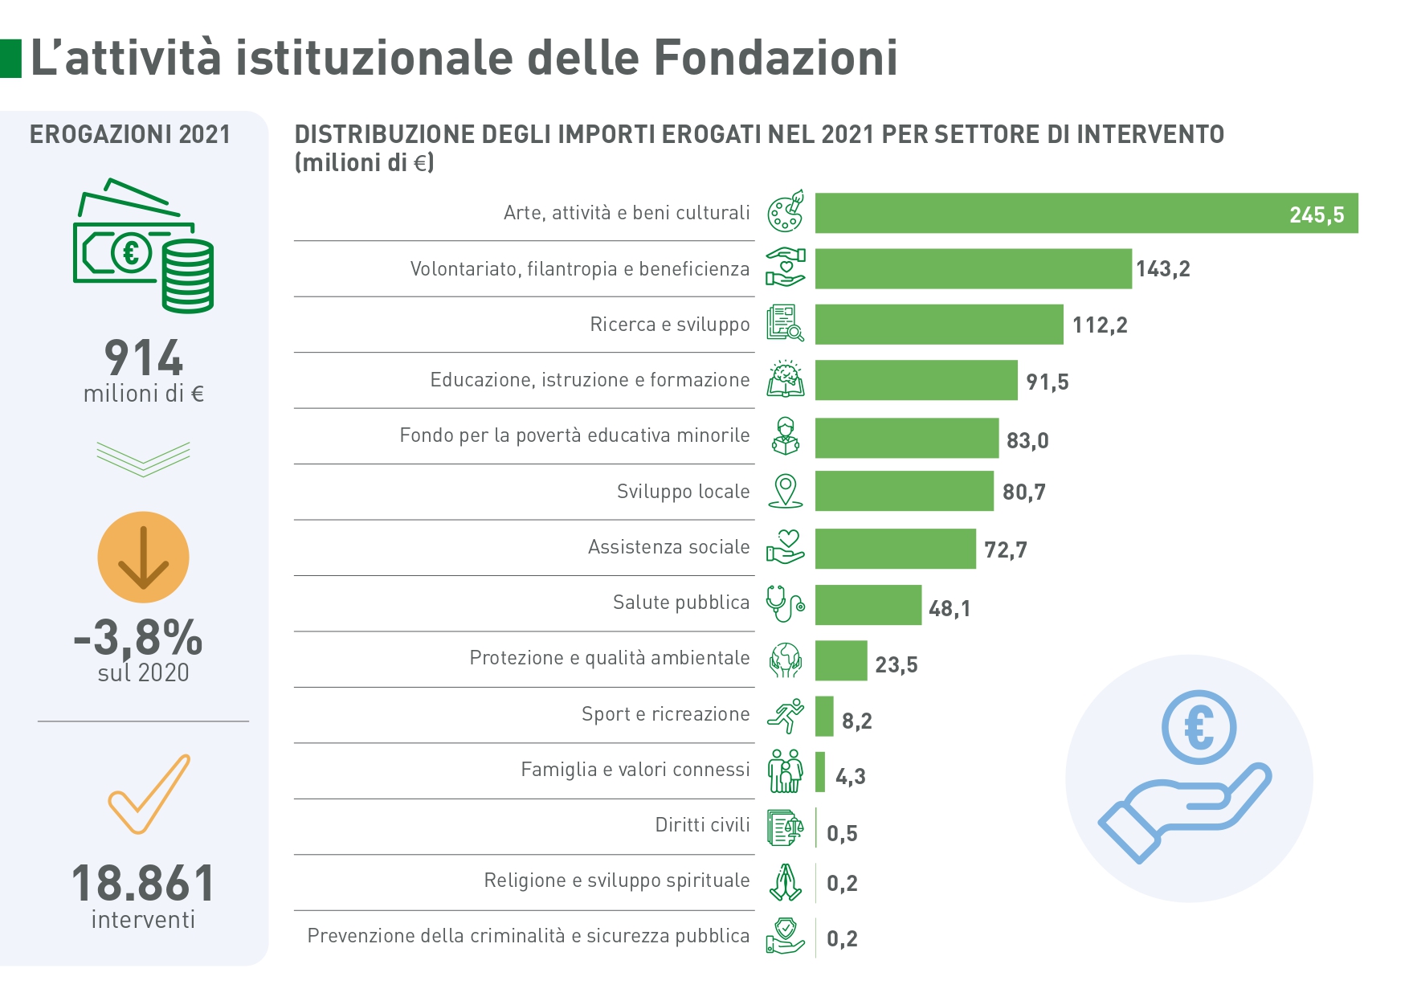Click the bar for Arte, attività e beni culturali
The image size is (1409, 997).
coord(1086,213)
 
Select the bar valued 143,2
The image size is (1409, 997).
coord(973,268)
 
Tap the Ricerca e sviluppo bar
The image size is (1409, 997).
coord(938,325)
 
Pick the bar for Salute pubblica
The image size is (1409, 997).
coord(868,605)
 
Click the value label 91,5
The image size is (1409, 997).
coord(1047,382)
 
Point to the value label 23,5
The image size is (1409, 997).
coord(896,664)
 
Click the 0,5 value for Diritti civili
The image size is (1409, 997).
coord(842,833)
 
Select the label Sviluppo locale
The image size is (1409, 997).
coord(683,491)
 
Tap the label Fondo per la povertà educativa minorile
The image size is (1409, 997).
coord(574,435)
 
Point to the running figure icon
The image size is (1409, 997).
coord(785,715)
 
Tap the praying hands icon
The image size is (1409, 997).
coord(785,882)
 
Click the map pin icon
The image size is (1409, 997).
coord(785,490)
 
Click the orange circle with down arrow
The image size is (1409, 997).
coord(143,557)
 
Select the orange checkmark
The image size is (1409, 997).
coord(149,794)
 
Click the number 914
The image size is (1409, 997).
coord(144,358)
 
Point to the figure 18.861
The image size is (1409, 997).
coord(143,883)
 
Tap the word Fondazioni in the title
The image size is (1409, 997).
coord(775,58)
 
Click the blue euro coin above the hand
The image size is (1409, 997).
coord(1199,728)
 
